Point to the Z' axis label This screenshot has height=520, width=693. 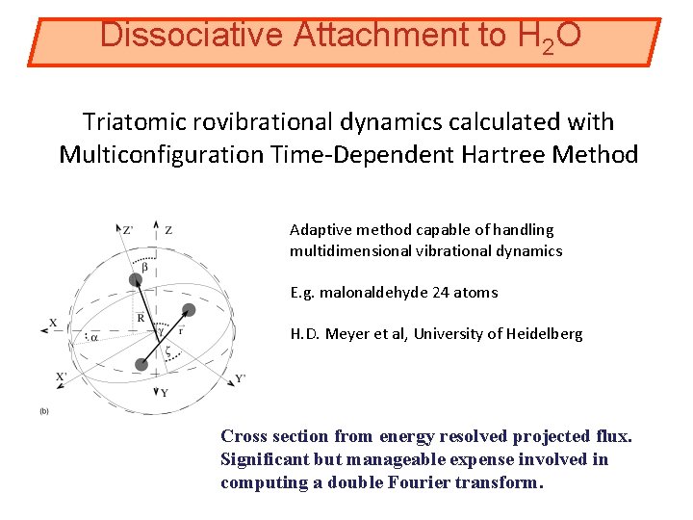tap(128, 230)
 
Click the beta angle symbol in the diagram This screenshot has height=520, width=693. tap(144, 267)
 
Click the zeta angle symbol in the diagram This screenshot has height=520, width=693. tap(168, 353)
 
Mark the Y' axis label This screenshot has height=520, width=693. tap(240, 377)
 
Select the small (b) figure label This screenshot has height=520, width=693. tap(44, 410)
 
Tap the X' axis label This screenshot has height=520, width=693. tap(62, 377)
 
